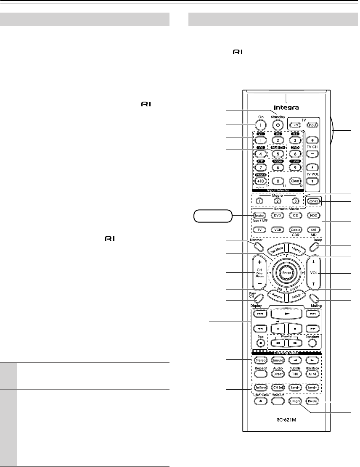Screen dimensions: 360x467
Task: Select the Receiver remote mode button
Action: [x=259, y=216]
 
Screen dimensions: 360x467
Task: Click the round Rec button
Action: [x=259, y=342]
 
